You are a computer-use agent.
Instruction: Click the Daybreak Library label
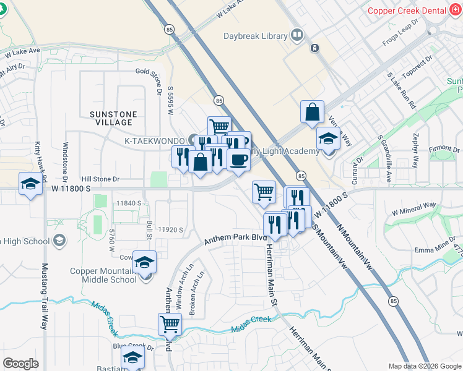(255, 35)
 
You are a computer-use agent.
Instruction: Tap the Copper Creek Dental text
(407, 11)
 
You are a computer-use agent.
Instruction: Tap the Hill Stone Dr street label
(98, 179)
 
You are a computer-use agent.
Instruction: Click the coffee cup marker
(238, 161)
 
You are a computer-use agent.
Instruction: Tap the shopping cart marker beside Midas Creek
(170, 323)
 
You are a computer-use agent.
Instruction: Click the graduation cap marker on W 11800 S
(30, 184)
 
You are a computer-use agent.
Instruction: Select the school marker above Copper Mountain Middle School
(145, 264)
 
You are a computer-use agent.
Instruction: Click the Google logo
(20, 364)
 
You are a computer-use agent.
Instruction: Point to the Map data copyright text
(424, 366)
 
